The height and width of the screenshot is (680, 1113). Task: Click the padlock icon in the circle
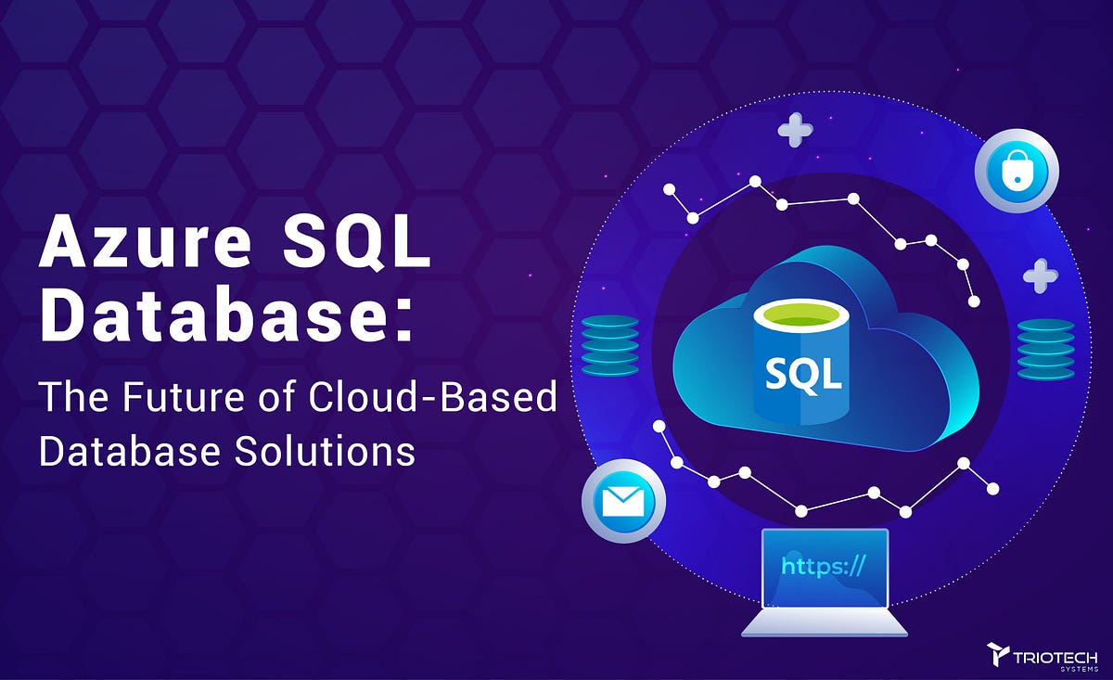tap(1017, 171)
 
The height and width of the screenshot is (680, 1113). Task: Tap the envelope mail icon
tap(622, 502)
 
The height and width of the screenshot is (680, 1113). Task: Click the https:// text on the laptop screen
tap(823, 566)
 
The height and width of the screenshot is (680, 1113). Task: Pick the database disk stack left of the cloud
tap(609, 345)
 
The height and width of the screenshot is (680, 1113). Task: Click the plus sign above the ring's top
tap(795, 130)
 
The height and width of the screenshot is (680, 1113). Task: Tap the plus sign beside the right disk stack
tap(1040, 276)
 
